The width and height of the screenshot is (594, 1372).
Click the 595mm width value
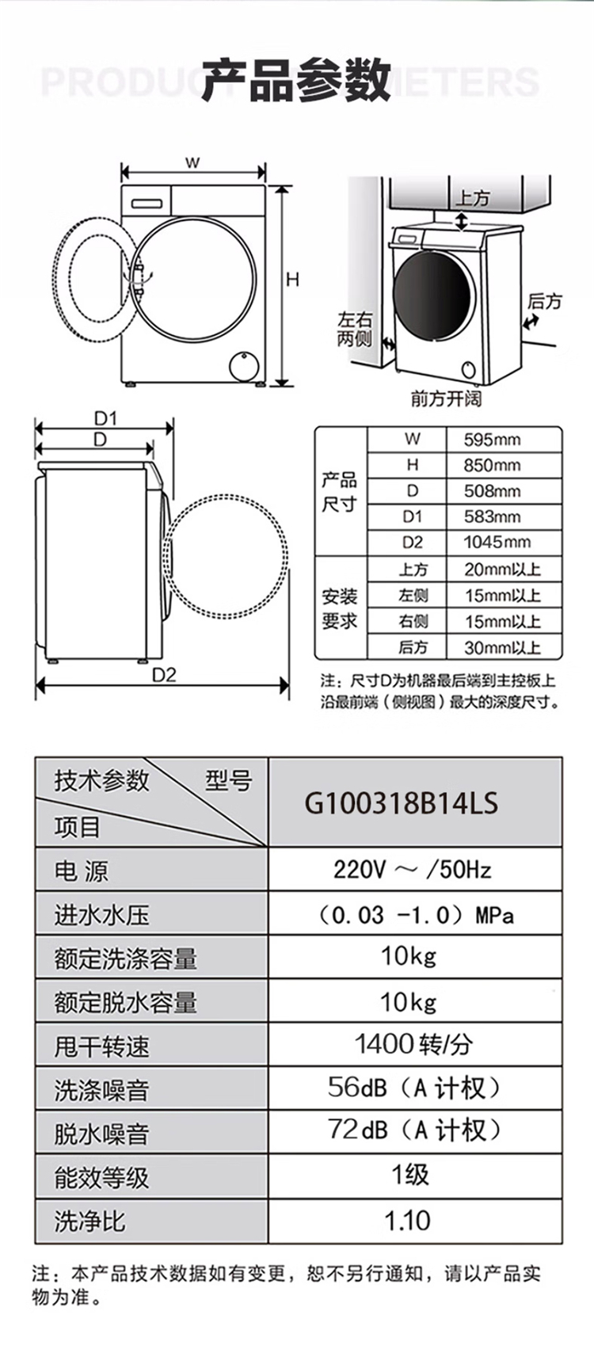click(x=492, y=440)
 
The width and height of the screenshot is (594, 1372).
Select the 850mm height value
click(x=492, y=465)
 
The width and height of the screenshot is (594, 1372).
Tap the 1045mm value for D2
click(x=497, y=542)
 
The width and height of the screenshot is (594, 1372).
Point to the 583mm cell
click(x=492, y=516)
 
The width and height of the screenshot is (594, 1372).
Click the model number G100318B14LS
click(x=402, y=803)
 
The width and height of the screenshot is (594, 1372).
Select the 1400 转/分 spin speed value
click(x=413, y=1044)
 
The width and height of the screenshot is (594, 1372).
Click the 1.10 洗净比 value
click(x=407, y=1221)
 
